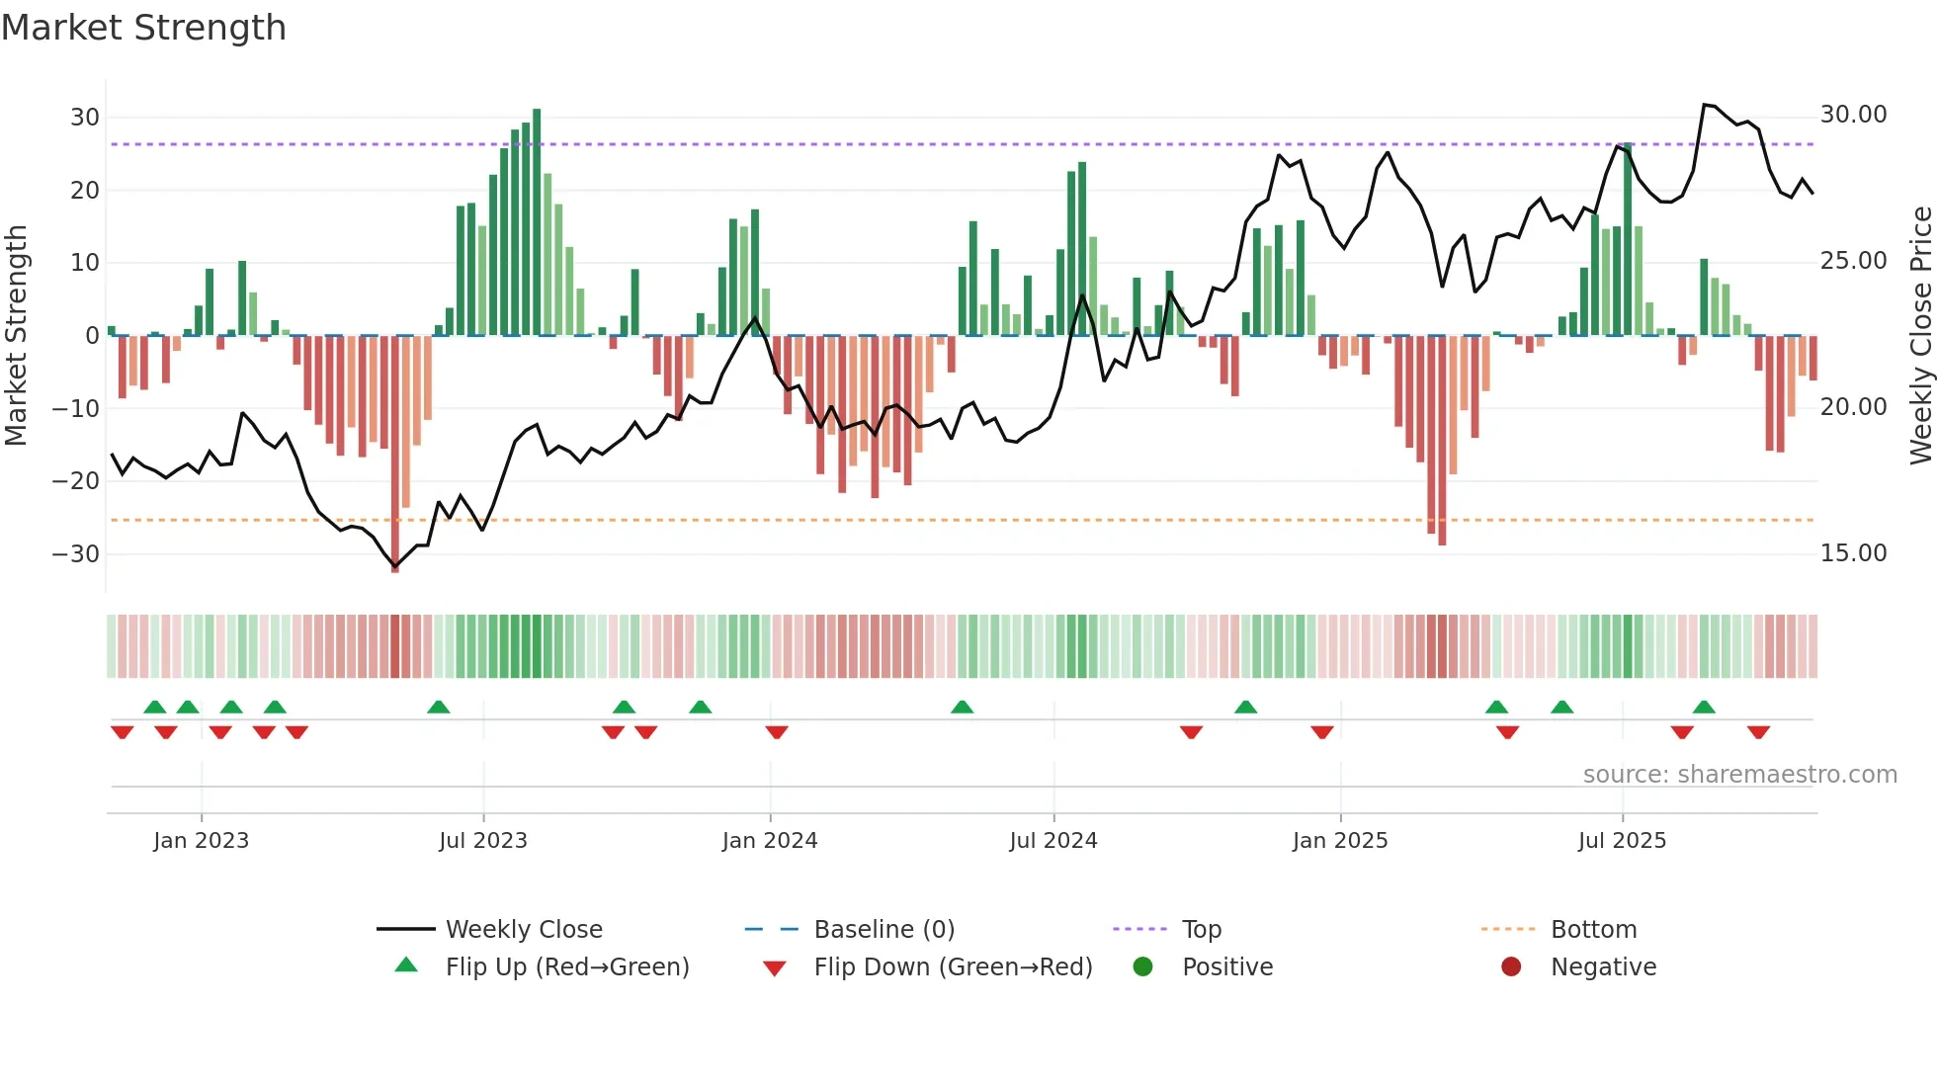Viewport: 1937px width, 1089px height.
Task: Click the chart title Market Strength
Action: click(x=143, y=28)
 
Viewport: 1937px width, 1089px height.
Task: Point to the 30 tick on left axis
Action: click(x=85, y=118)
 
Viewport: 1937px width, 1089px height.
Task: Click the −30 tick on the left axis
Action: click(x=77, y=554)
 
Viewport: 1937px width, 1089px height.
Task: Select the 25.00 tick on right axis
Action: click(x=1853, y=261)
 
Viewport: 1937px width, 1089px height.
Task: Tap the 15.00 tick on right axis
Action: click(x=1853, y=553)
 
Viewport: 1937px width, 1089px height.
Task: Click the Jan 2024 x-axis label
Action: click(x=770, y=841)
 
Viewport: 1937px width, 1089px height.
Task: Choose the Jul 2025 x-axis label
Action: click(x=1622, y=841)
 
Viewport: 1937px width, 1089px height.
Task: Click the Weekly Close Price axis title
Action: click(x=1920, y=336)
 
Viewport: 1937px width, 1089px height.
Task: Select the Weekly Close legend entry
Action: click(x=524, y=930)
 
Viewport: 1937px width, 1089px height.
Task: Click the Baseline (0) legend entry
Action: click(x=884, y=930)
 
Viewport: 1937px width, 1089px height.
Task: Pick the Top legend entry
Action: click(x=1202, y=930)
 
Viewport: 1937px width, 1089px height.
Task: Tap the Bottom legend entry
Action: click(x=1593, y=930)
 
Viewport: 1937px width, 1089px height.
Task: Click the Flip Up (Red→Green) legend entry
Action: click(x=567, y=967)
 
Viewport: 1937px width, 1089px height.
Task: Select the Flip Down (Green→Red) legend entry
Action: click(x=953, y=967)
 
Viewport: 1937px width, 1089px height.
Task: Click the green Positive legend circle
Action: click(x=1143, y=967)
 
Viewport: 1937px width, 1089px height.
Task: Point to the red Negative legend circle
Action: click(x=1511, y=967)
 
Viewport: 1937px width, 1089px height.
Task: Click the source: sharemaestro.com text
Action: click(x=1739, y=775)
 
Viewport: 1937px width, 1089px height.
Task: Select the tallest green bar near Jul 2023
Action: click(x=537, y=222)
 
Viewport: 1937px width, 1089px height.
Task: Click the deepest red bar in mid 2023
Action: click(x=395, y=455)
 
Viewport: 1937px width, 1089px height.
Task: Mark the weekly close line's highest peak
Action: click(x=1705, y=105)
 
